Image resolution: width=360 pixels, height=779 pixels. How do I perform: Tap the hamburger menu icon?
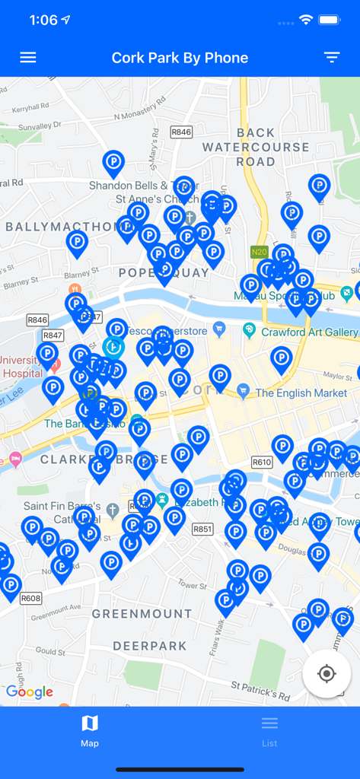28,58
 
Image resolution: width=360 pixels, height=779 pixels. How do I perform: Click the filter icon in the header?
331,58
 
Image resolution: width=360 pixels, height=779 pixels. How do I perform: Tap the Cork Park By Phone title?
180,58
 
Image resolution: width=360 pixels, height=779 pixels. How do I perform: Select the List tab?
269,730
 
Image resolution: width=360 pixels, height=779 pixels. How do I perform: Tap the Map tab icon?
90,723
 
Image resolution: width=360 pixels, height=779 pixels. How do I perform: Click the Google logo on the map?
30,692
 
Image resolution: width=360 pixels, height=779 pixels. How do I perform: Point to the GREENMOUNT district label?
142,613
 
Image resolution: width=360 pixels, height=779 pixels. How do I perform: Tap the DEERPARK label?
150,646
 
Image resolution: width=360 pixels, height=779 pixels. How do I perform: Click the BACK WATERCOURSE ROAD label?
256,147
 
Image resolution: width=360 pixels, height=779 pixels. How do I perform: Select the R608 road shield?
30,598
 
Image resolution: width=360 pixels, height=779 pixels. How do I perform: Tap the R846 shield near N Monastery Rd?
181,132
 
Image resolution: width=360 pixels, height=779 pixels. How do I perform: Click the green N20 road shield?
260,251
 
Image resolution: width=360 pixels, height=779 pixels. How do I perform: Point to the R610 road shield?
262,462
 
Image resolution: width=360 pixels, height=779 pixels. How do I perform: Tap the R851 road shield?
202,529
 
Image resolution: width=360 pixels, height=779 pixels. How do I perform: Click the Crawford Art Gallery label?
309,332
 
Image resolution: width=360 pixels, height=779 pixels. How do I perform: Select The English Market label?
301,393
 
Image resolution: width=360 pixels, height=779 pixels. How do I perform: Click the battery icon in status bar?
330,20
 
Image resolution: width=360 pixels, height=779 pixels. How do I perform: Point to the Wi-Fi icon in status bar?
306,20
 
